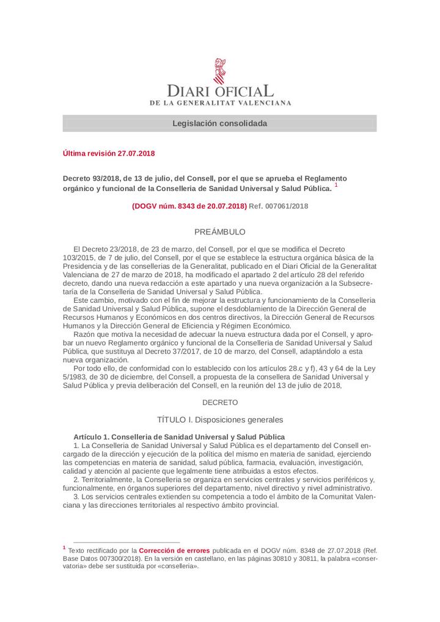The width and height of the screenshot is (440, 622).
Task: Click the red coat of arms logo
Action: point(219,71)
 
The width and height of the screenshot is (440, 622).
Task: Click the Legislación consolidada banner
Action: point(219,123)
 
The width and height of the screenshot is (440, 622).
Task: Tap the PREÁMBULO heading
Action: point(219,232)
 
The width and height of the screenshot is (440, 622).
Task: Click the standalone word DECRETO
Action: point(219,402)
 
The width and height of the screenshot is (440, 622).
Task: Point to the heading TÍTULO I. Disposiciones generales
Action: point(219,420)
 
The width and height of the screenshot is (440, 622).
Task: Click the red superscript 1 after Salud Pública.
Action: point(336,185)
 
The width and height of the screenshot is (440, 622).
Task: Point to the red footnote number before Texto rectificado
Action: point(64,548)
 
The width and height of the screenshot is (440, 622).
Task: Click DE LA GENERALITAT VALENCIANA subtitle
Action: point(220,103)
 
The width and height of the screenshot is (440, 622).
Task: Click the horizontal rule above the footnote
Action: point(127,541)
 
